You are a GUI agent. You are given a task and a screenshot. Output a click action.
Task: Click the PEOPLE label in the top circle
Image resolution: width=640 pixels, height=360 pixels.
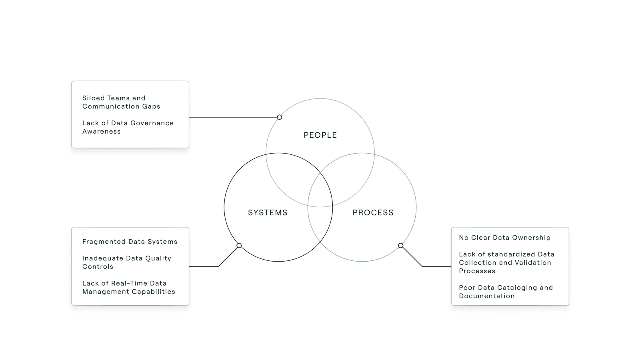tap(320, 135)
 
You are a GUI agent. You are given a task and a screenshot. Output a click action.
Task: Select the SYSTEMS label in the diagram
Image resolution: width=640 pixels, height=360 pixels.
tap(268, 213)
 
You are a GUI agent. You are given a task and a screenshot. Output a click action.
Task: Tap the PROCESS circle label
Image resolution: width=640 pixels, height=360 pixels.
tap(373, 213)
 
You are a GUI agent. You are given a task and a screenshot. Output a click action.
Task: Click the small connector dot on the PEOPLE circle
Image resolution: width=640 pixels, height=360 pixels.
tap(280, 117)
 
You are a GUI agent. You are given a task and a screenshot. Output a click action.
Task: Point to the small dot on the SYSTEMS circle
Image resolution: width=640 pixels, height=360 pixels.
tap(239, 246)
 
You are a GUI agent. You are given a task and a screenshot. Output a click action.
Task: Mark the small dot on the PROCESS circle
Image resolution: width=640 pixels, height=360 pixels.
tap(401, 246)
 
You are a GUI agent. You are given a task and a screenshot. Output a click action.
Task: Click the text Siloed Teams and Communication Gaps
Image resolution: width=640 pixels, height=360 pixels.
tap(121, 102)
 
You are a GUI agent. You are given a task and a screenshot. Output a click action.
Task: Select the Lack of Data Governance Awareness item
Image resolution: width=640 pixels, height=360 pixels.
tap(128, 127)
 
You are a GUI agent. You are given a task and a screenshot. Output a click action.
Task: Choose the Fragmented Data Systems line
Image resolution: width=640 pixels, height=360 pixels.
tap(130, 242)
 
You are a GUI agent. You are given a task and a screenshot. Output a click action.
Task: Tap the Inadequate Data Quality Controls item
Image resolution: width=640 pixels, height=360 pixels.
tap(126, 262)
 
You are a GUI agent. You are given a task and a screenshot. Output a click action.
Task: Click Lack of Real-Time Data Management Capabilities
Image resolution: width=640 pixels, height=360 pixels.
tap(128, 287)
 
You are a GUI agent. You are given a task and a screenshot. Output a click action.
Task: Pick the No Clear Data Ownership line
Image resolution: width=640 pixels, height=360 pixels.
tap(504, 238)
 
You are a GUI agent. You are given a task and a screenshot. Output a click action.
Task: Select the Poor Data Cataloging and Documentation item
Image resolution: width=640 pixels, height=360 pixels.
tap(506, 292)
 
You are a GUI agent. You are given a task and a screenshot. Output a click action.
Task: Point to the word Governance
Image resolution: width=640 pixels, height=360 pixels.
tap(152, 123)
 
